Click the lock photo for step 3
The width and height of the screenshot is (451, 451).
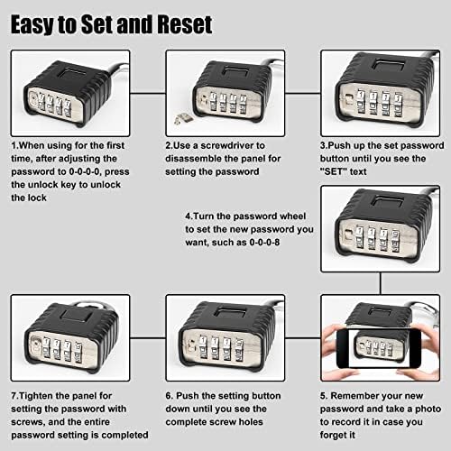[x=380, y=91]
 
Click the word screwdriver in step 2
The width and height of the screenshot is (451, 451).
[x=225, y=144]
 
